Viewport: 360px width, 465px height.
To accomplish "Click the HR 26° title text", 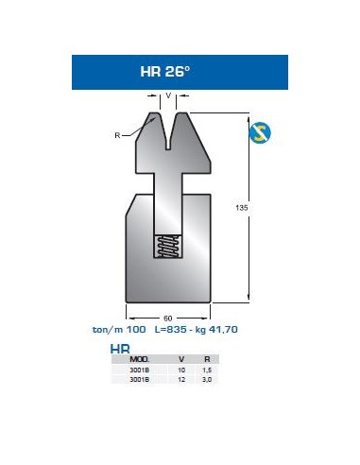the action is pos(165,72).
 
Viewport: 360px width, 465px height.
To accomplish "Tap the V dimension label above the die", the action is pos(168,95).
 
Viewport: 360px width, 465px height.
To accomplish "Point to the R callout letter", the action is pos(117,135).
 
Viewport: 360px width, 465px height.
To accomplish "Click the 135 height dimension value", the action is pos(242,208).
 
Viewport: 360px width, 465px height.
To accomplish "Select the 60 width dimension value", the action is pos(168,319).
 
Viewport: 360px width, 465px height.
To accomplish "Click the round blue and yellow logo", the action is pos(260,132).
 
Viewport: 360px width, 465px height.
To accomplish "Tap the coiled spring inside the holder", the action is pos(168,246).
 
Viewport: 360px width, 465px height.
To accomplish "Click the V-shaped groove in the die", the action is pos(168,130).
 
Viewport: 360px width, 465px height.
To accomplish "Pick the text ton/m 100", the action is pos(119,330).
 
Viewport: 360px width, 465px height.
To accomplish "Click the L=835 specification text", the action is pos(170,330).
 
